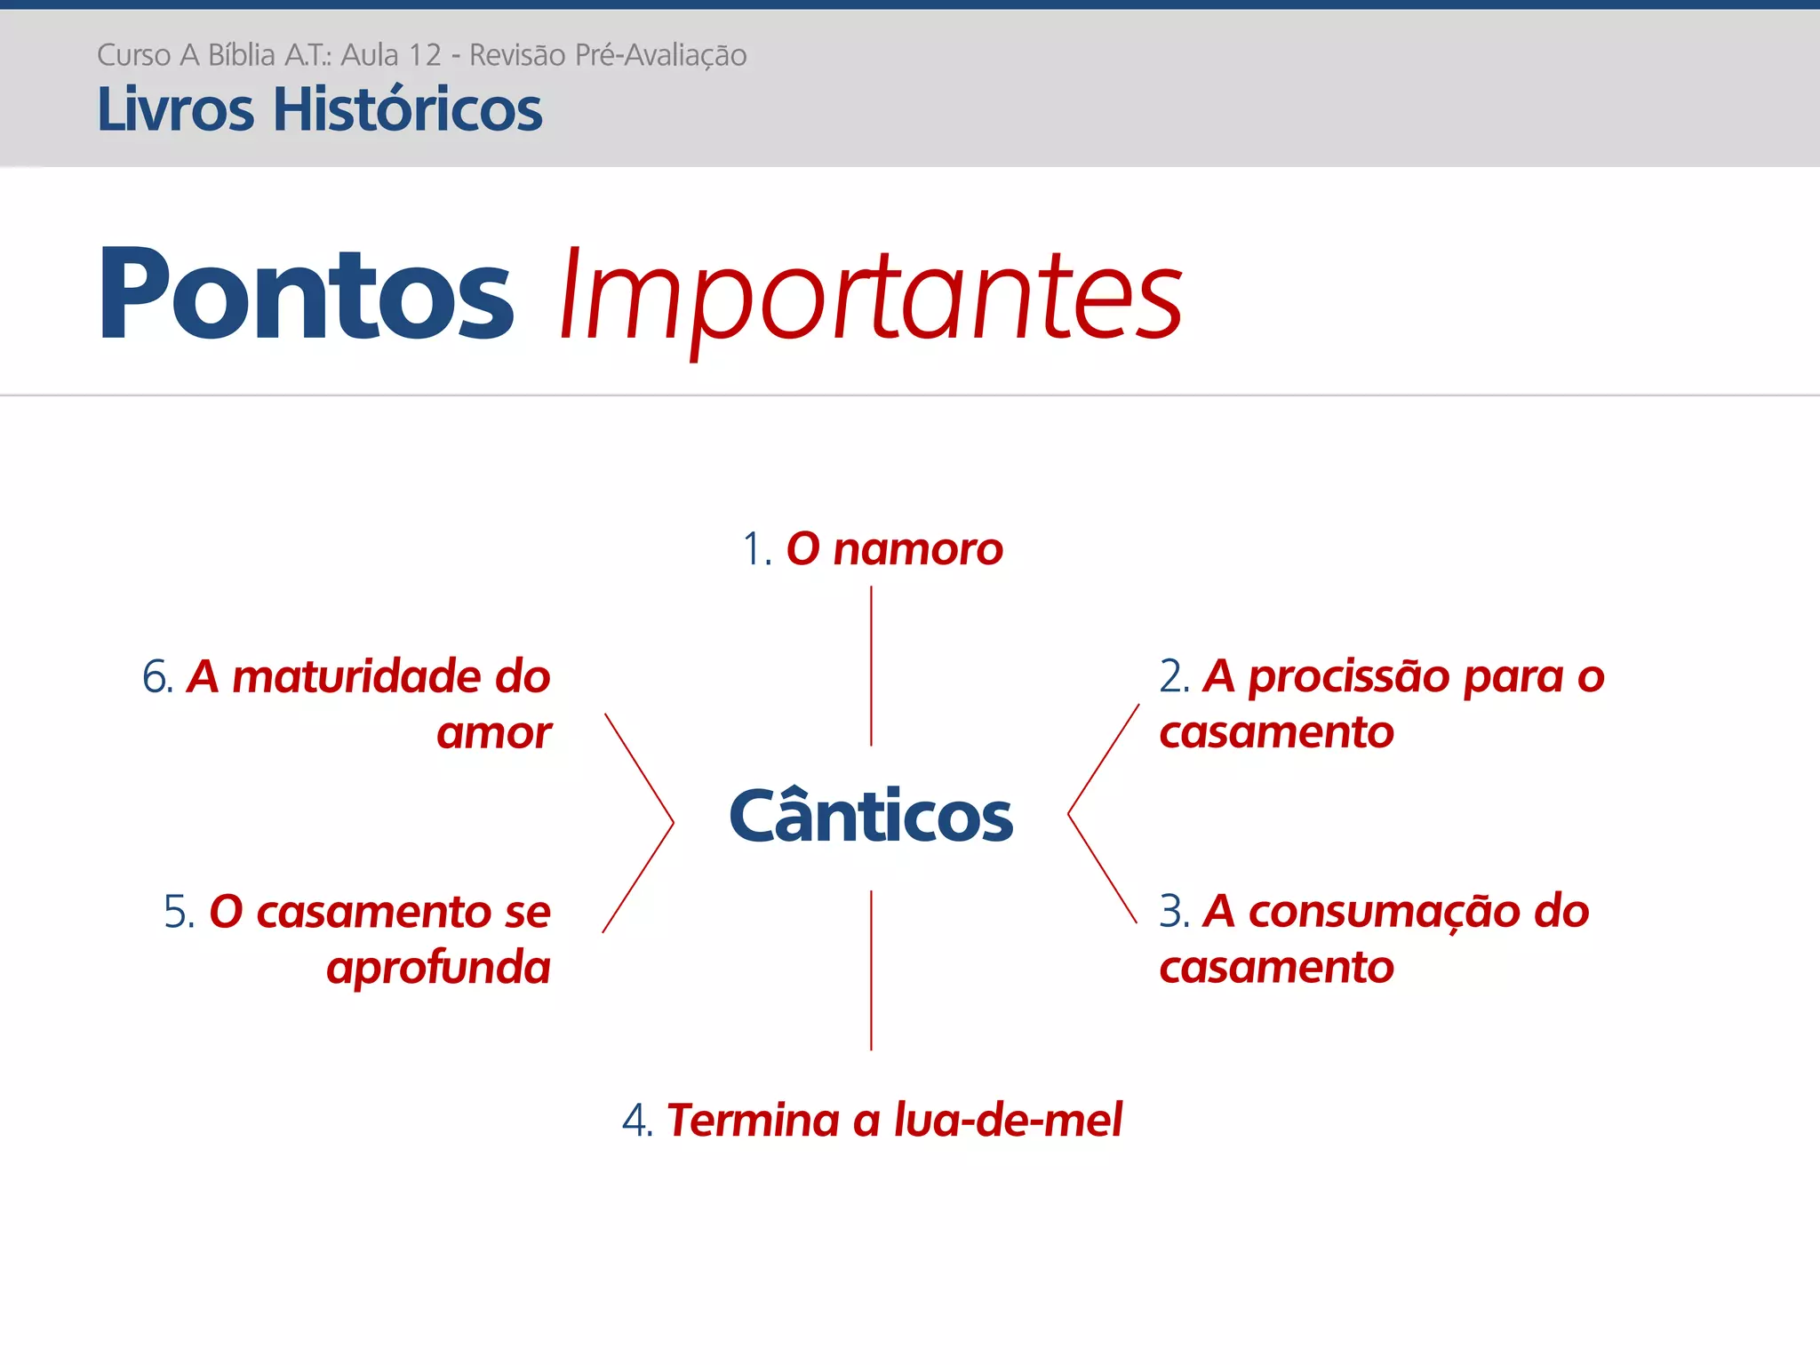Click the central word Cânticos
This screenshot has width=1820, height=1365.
tap(871, 816)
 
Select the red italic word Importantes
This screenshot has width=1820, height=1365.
tap(871, 298)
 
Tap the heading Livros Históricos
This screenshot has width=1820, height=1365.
tap(319, 110)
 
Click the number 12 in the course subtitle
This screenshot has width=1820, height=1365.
tap(425, 55)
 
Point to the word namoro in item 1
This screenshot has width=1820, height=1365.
tap(918, 550)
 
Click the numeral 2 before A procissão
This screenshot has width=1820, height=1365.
tap(1170, 677)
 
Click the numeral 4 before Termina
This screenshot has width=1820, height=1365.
tap(635, 1121)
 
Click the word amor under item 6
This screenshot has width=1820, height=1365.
tap(494, 734)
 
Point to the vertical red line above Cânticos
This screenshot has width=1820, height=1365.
tap(871, 666)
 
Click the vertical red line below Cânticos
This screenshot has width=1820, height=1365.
tap(871, 970)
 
